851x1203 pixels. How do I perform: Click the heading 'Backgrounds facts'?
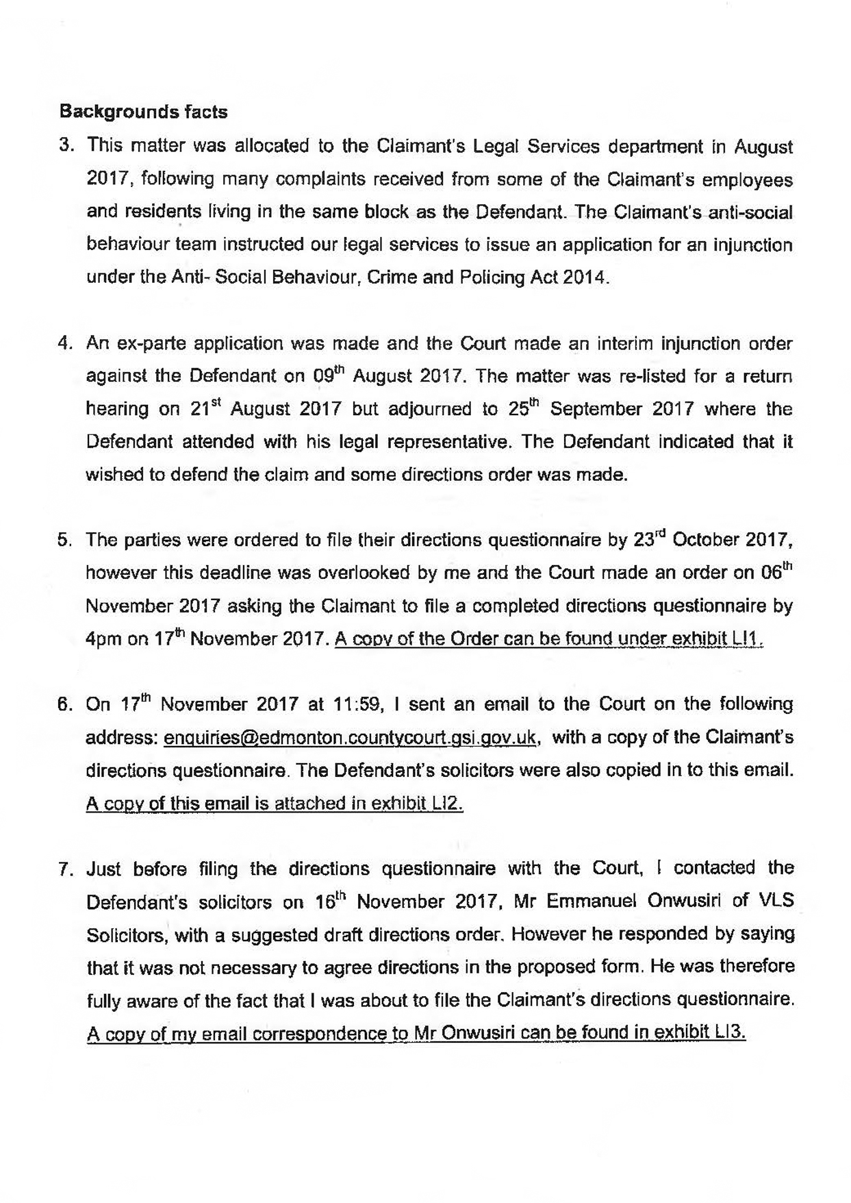pyautogui.click(x=144, y=112)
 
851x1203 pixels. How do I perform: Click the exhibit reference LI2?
pyautogui.click(x=448, y=804)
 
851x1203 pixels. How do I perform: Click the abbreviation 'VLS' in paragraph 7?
pyautogui.click(x=776, y=902)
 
